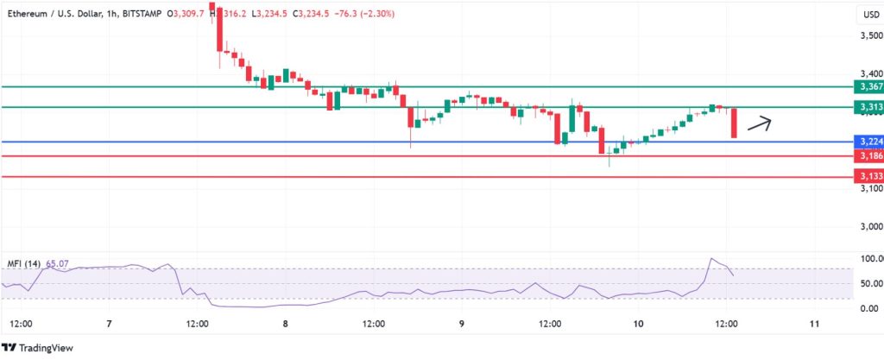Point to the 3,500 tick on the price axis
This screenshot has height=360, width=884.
(869, 35)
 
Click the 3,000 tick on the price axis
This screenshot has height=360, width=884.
(869, 226)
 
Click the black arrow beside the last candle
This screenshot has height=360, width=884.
(759, 123)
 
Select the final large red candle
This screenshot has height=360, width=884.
(734, 123)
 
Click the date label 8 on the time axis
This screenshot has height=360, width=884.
(286, 324)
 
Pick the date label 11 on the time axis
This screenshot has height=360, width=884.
(815, 324)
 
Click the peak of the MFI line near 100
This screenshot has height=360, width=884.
(712, 259)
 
